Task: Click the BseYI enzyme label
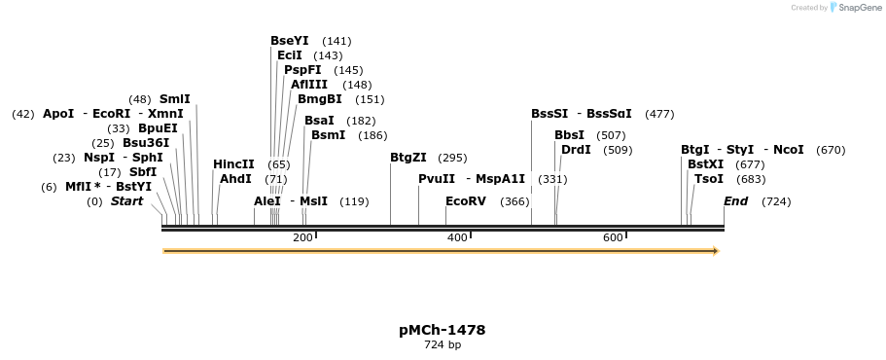pos(289,41)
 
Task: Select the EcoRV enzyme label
pos(465,201)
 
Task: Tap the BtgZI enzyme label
pos(408,158)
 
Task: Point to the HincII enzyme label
pos(233,164)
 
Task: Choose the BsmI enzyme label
pos(328,135)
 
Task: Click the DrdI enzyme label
pos(576,150)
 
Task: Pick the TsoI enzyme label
pos(709,179)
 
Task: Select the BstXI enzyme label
pos(706,164)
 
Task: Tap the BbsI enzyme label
pos(570,135)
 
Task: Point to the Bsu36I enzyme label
pos(146,143)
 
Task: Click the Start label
pos(126,201)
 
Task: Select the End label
pos(736,201)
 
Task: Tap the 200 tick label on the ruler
pos(302,238)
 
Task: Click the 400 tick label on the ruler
pos(457,238)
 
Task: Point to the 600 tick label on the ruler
pos(613,238)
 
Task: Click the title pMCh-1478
pos(443,330)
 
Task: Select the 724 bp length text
pos(443,345)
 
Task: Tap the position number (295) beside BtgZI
pos(452,158)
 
